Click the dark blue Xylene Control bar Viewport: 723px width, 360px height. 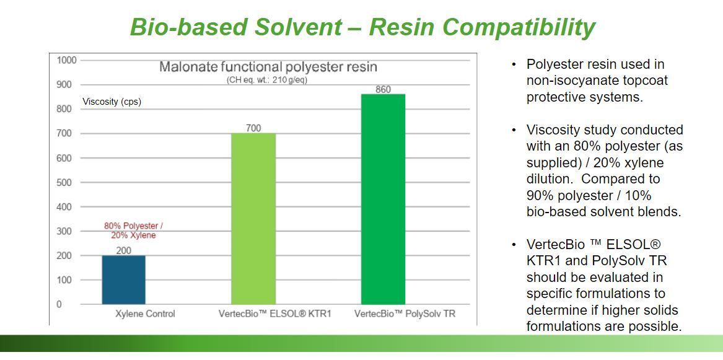tap(123, 280)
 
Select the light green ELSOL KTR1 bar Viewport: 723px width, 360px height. tap(253, 219)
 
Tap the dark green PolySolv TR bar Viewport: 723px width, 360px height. tap(383, 199)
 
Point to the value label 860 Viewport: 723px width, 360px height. tap(383, 89)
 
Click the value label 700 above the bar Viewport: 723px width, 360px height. tap(253, 128)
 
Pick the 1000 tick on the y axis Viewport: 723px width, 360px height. tap(66, 60)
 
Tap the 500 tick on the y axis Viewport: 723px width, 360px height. tap(64, 183)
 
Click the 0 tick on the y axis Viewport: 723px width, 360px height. tap(59, 304)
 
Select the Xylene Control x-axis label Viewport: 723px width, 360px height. tap(145, 314)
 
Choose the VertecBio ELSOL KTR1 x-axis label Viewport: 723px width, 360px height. tap(275, 314)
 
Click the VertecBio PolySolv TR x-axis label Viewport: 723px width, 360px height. tap(405, 314)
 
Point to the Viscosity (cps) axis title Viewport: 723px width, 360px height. tap(112, 102)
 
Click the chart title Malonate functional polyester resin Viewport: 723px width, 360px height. tap(268, 67)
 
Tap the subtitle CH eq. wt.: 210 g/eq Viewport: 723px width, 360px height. tap(267, 80)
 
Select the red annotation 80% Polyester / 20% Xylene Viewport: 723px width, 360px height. tap(133, 230)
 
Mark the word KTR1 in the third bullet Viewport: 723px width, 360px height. tap(543, 261)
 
